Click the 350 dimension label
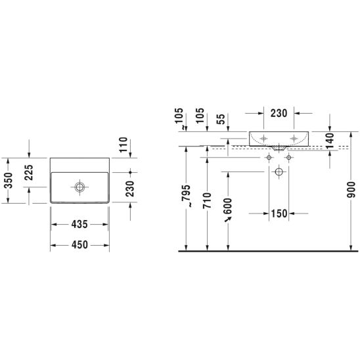9,181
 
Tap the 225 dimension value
29,172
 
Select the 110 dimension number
123,145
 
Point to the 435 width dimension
79,224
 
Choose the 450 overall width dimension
79,245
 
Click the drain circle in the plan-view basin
79,187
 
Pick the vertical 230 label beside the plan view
130,189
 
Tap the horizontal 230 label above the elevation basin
279,113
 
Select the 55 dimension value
221,119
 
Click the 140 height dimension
330,141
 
